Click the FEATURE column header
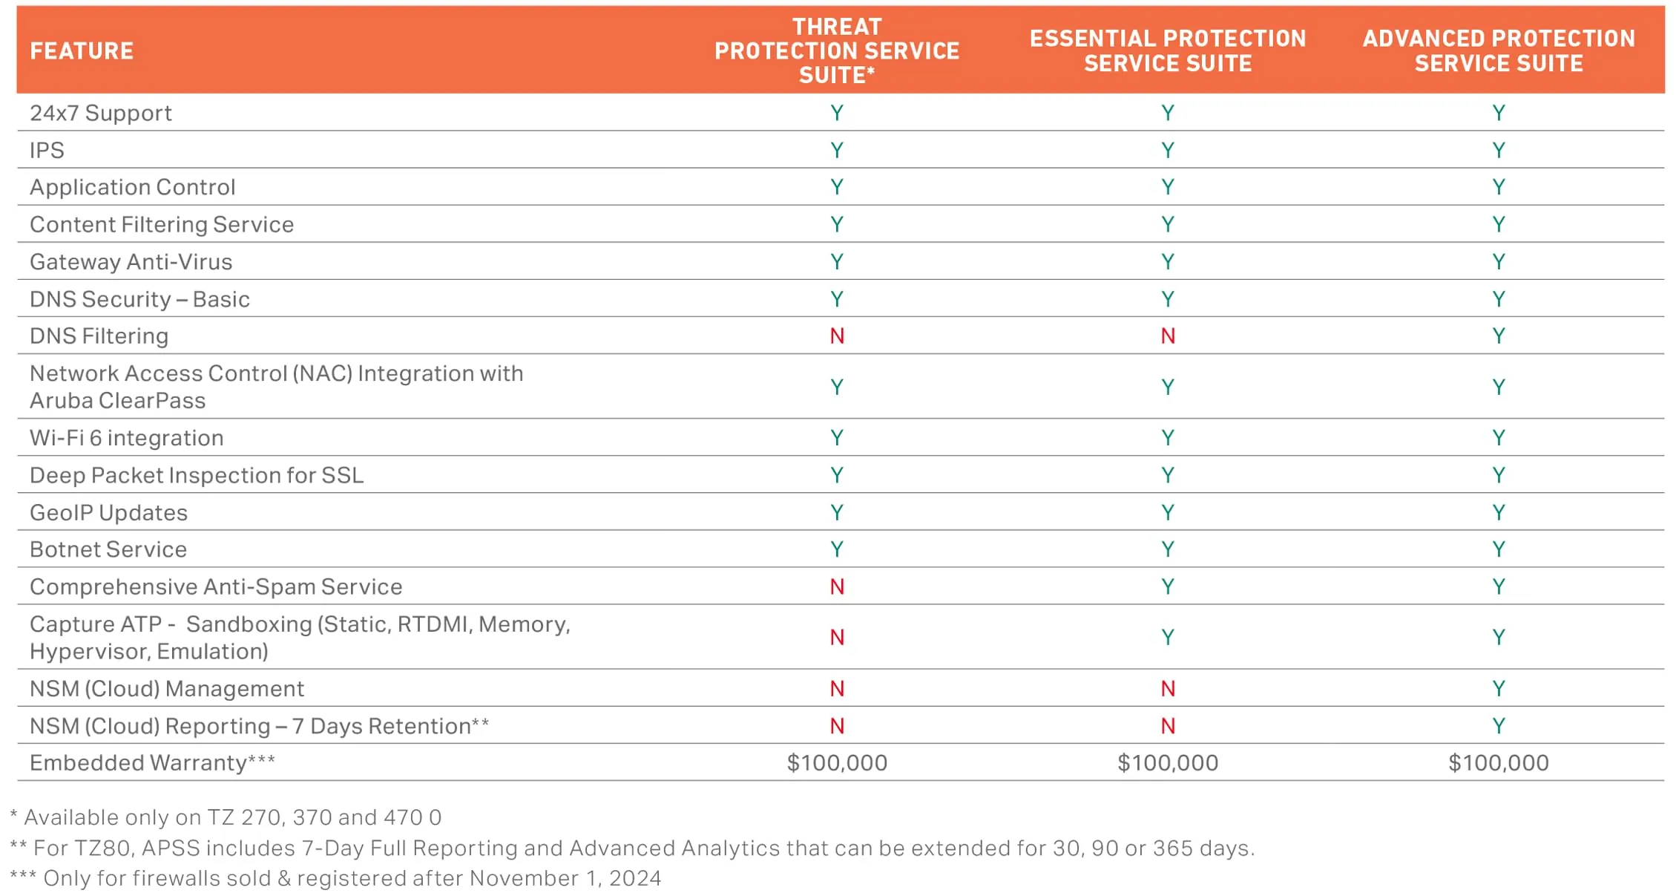[x=82, y=51]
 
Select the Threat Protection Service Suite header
[x=836, y=51]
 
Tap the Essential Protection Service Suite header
[x=1167, y=51]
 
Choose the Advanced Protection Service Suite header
[x=1498, y=51]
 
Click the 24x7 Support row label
[x=101, y=114]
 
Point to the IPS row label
[x=47, y=151]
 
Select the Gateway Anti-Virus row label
[x=131, y=262]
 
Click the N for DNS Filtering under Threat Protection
[x=837, y=336]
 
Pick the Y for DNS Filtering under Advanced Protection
[x=1498, y=336]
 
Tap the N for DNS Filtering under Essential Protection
[x=1168, y=336]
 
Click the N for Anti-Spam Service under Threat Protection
[x=837, y=587]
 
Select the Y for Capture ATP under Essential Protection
[x=1168, y=638]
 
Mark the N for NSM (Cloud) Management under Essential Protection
[x=1168, y=689]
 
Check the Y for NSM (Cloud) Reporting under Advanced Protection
[x=1498, y=726]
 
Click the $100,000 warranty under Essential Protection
[x=1168, y=763]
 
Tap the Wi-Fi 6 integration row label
[x=126, y=438]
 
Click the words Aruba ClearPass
[x=117, y=401]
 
